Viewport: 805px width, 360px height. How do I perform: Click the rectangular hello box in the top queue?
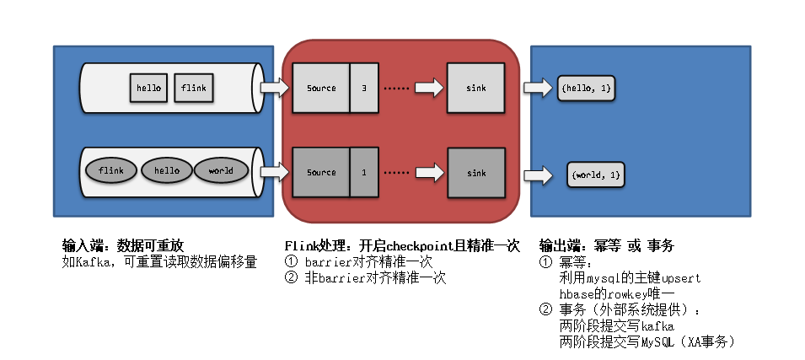149,88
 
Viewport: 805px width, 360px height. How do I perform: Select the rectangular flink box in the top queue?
193,88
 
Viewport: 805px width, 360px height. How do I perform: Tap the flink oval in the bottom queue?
111,171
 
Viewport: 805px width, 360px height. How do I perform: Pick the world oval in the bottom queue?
221,171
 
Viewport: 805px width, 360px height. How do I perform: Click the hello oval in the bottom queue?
167,171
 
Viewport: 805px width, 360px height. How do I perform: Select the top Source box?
320,88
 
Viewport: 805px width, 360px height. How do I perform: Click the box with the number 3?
364,88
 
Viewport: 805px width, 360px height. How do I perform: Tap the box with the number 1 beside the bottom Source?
364,172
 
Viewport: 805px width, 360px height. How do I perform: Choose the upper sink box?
476,88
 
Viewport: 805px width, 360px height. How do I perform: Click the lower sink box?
476,172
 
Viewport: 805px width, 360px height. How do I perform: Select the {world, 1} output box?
596,175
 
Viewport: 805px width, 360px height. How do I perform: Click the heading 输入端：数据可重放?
123,245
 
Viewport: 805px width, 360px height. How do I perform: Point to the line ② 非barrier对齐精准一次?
365,277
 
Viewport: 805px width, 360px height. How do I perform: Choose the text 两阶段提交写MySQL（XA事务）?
648,341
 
